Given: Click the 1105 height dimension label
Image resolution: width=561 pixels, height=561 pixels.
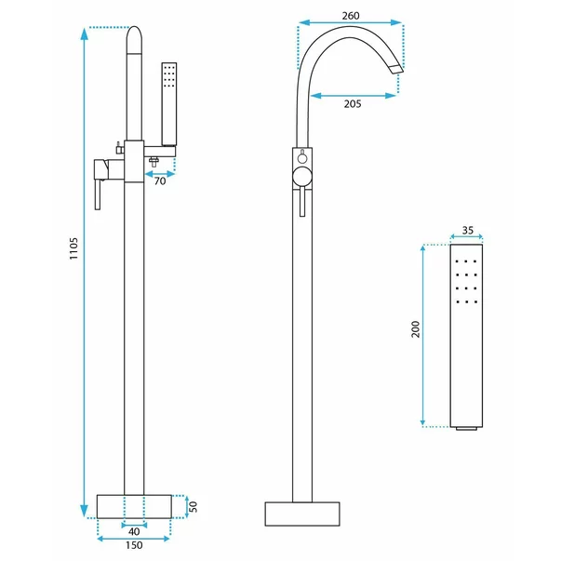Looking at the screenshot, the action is [x=73, y=248].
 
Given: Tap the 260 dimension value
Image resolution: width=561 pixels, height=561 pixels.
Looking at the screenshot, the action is [x=351, y=16].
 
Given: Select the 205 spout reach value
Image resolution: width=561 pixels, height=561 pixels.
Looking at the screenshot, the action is [x=353, y=104].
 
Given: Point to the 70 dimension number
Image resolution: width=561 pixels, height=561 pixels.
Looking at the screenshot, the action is [x=160, y=181].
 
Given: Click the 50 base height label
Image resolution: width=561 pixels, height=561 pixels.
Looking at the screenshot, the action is [x=193, y=507].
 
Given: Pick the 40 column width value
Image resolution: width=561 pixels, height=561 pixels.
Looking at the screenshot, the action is [x=134, y=531].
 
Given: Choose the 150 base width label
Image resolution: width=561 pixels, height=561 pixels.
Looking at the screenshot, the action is [x=134, y=545].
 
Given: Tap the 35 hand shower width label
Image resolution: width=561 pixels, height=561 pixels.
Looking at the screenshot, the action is [x=468, y=230].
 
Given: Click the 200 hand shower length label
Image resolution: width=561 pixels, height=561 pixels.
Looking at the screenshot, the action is [x=415, y=328].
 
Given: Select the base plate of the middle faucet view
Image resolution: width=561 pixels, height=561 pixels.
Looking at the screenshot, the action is [x=302, y=514].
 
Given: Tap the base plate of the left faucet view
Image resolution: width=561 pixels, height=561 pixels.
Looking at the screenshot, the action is [x=134, y=506].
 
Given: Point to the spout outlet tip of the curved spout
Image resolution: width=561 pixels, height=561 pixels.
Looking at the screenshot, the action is [x=396, y=70].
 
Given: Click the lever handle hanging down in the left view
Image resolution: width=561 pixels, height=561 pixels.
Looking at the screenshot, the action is [x=99, y=194].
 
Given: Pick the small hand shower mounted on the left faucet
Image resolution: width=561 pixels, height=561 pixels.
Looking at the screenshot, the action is [x=169, y=104].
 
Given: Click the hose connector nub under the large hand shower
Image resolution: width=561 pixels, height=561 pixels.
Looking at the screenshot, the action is [x=466, y=428].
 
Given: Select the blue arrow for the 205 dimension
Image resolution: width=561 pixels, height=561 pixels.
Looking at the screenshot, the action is [x=354, y=96].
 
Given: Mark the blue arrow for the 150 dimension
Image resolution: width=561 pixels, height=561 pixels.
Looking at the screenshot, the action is [x=134, y=539].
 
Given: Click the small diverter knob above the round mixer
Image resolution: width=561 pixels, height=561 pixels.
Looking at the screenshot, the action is [x=302, y=157].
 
